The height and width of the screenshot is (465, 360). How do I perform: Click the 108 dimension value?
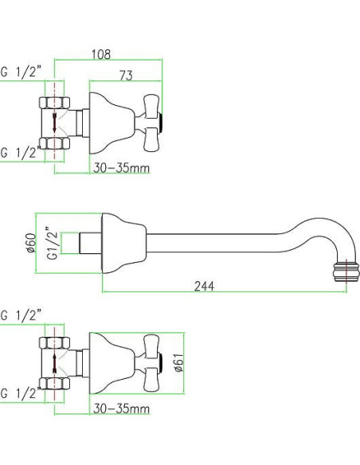[x=101, y=54]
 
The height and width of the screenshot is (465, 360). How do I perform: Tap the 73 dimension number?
[x=126, y=76]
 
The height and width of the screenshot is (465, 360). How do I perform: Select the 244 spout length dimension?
[x=204, y=286]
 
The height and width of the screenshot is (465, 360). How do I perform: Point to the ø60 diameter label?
[x=31, y=243]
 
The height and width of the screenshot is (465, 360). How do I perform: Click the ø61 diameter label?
[x=179, y=362]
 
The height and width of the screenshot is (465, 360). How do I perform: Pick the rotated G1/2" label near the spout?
[x=53, y=243]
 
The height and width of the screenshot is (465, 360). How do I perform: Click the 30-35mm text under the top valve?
[x=122, y=168]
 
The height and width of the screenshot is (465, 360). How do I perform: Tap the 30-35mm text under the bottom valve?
[x=122, y=408]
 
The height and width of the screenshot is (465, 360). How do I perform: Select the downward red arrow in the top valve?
[x=55, y=123]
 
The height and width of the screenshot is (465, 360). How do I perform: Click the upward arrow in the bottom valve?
[x=55, y=363]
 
